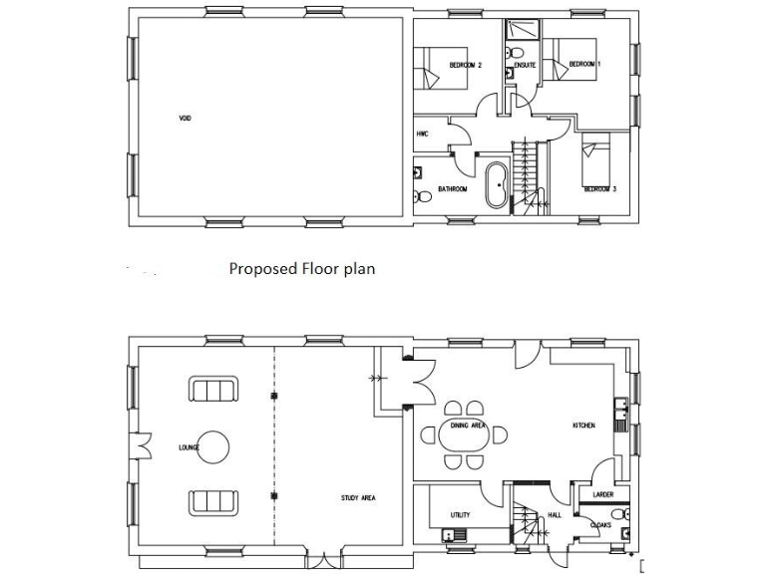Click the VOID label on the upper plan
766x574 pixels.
coord(185,118)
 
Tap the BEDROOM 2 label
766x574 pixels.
coord(465,66)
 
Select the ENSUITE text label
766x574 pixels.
coord(525,66)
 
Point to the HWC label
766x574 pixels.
coord(422,134)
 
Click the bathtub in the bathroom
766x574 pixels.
coord(494,185)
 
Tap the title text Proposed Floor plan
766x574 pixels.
coord(301,269)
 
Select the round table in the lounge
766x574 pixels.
coord(213,444)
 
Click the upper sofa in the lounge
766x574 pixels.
coord(213,390)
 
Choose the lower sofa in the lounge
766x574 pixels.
coord(213,501)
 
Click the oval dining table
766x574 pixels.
coord(462,435)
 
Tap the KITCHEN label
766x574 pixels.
coord(583,426)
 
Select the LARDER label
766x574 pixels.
coord(602,494)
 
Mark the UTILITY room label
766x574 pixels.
coord(460,515)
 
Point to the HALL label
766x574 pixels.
coord(555,515)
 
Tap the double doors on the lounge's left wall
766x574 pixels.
coord(143,445)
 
